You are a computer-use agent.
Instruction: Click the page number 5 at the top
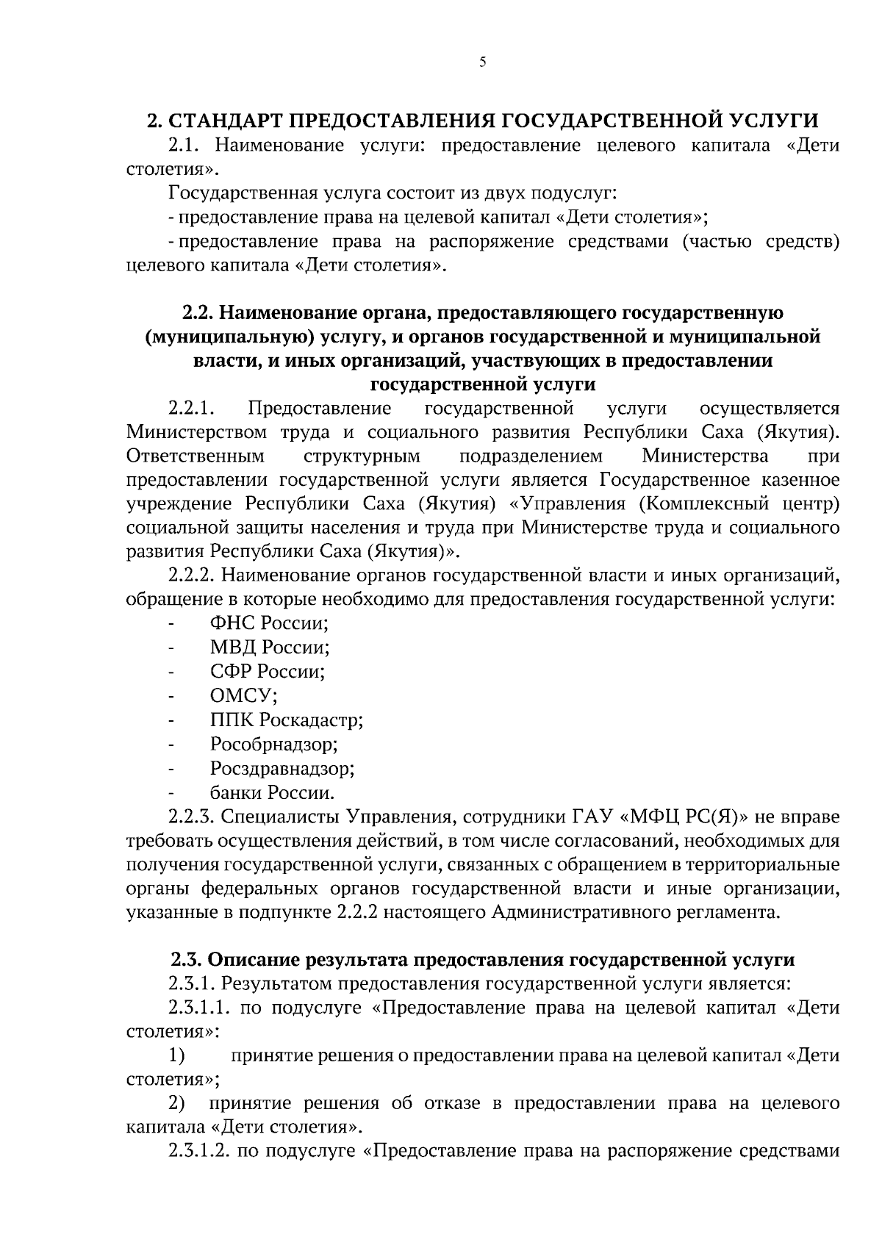(482, 62)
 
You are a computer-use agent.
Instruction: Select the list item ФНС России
(268, 623)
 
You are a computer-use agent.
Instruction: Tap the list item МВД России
(269, 648)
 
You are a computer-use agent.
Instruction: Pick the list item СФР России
(268, 672)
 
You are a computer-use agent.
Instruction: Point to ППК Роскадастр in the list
(287, 720)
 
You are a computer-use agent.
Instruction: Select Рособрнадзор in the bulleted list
(273, 745)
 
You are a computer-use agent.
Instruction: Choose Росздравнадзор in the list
(282, 769)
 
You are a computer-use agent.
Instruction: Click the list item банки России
(273, 793)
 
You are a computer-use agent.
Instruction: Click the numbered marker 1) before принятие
(176, 1056)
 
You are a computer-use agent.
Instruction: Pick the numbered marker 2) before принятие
(177, 1103)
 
